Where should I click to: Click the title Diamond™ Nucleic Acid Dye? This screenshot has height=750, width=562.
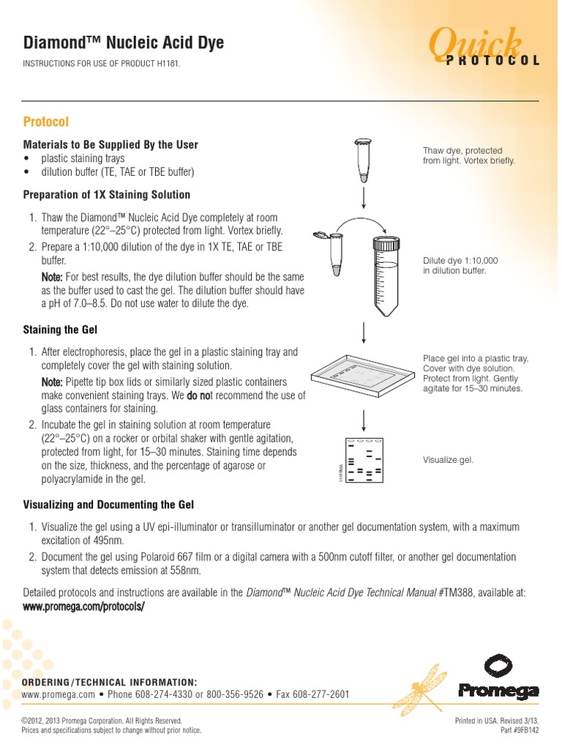click(x=124, y=43)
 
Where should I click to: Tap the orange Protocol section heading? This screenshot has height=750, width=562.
click(x=46, y=121)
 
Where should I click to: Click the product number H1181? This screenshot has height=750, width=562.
click(x=164, y=65)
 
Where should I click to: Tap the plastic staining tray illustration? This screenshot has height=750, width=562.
click(x=363, y=378)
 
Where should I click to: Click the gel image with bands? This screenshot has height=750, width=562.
click(x=364, y=461)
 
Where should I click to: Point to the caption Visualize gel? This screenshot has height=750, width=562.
click(x=448, y=460)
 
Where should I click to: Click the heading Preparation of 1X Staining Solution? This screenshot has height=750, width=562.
click(x=107, y=195)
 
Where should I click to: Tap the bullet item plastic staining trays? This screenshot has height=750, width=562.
click(x=83, y=158)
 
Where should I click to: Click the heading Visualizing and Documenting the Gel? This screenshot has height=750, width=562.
click(x=108, y=505)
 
